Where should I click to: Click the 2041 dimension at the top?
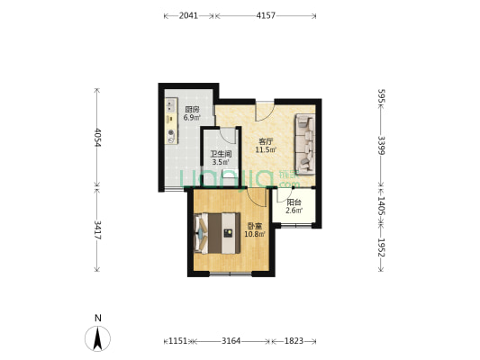click(188, 15)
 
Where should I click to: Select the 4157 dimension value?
click(266, 15)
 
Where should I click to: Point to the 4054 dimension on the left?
click(97, 138)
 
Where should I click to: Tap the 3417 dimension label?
click(97, 229)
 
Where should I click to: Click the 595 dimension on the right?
click(382, 96)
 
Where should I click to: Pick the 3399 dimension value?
click(382, 145)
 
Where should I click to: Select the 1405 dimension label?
click(382, 206)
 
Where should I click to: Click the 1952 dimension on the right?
click(382, 247)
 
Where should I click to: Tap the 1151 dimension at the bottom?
click(178, 341)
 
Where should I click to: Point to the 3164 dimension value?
click(231, 341)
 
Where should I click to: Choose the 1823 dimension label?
click(294, 341)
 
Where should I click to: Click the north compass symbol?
click(97, 338)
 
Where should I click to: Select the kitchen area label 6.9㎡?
click(192, 118)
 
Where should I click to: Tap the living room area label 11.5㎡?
click(266, 150)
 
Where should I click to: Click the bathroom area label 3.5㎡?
click(221, 162)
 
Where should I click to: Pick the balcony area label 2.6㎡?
click(294, 211)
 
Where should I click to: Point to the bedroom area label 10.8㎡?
click(255, 234)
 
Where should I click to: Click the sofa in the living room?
click(305, 144)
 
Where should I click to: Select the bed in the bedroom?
click(217, 233)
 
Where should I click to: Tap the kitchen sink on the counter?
click(171, 105)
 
